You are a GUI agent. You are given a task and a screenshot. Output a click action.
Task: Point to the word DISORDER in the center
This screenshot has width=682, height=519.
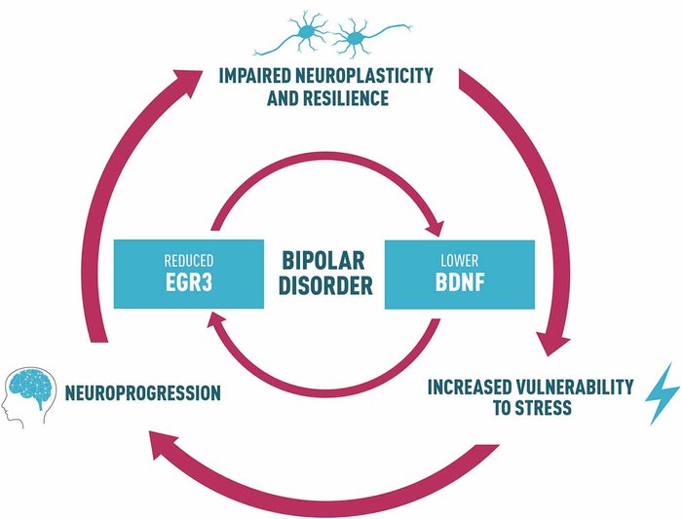325,288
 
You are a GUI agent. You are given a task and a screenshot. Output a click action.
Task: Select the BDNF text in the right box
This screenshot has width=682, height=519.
460,286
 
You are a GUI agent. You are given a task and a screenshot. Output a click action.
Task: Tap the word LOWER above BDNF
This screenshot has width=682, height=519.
460,261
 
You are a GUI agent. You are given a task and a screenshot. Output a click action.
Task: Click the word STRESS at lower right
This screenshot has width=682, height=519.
537,407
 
